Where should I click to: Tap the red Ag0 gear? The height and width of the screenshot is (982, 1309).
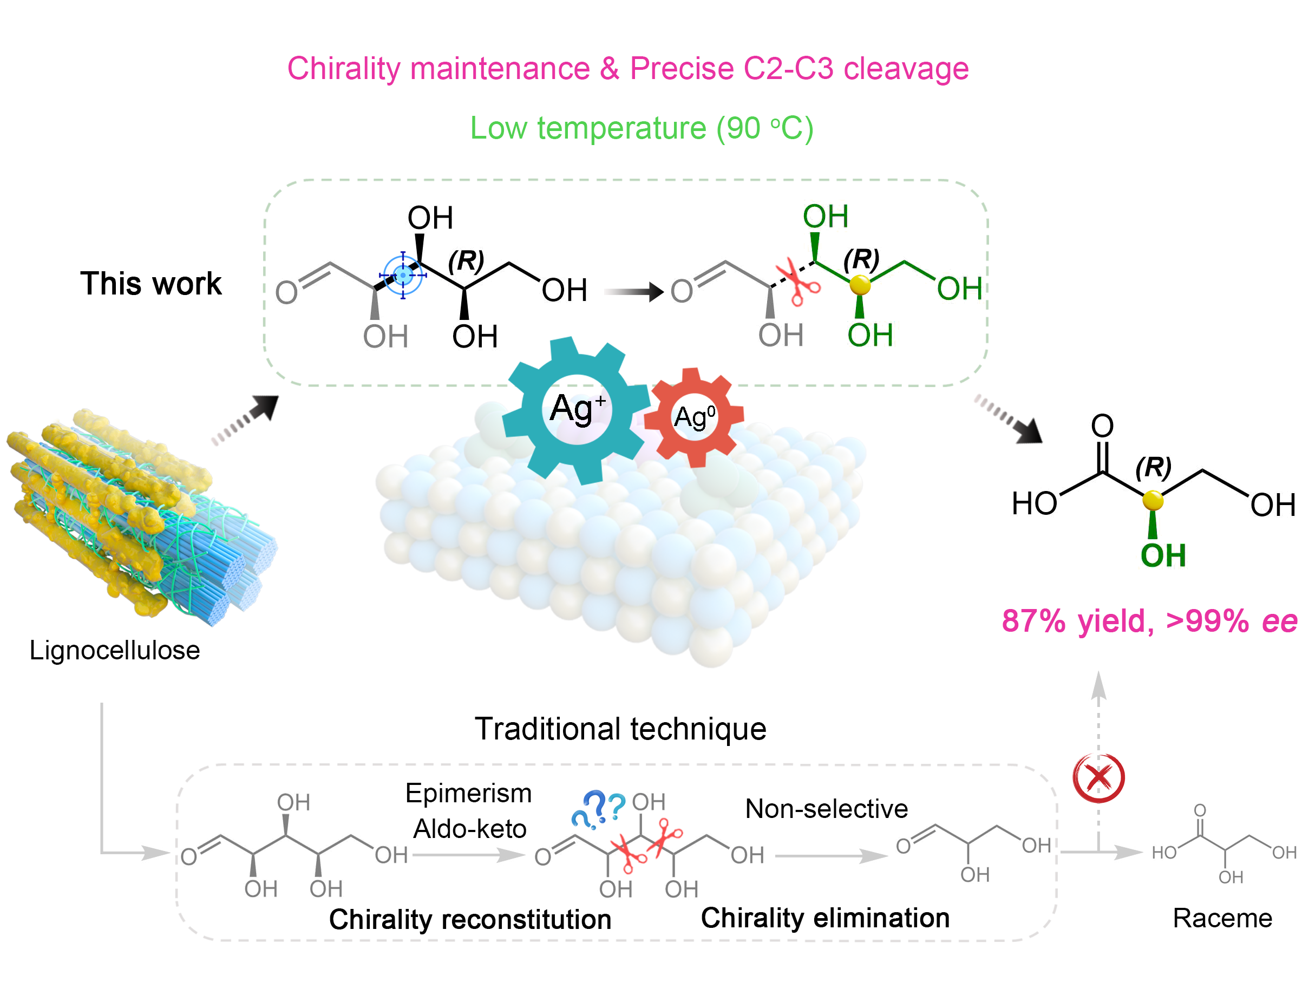(694, 417)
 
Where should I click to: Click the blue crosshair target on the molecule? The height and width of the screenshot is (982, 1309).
(403, 275)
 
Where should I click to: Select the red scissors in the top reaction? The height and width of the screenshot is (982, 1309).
(799, 283)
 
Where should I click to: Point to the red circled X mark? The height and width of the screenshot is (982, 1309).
(1098, 778)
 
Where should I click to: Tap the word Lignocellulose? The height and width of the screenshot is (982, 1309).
(115, 651)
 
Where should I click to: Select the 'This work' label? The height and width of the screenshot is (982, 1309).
(151, 284)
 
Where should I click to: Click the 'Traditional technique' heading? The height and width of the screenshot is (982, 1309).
(620, 729)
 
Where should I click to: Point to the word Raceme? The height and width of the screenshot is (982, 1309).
(1222, 918)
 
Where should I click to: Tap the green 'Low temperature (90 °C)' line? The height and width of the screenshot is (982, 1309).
(642, 128)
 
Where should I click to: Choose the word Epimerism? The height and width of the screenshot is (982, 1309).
(468, 793)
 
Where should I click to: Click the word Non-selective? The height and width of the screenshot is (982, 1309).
(826, 809)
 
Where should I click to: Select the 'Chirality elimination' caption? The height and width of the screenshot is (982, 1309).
(825, 918)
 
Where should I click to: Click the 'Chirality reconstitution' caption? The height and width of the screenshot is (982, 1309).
(470, 919)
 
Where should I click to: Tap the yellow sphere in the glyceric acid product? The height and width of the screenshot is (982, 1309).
(1153, 501)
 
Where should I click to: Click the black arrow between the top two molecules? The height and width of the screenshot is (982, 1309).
(633, 292)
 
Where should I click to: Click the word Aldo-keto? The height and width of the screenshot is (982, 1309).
(469, 829)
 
